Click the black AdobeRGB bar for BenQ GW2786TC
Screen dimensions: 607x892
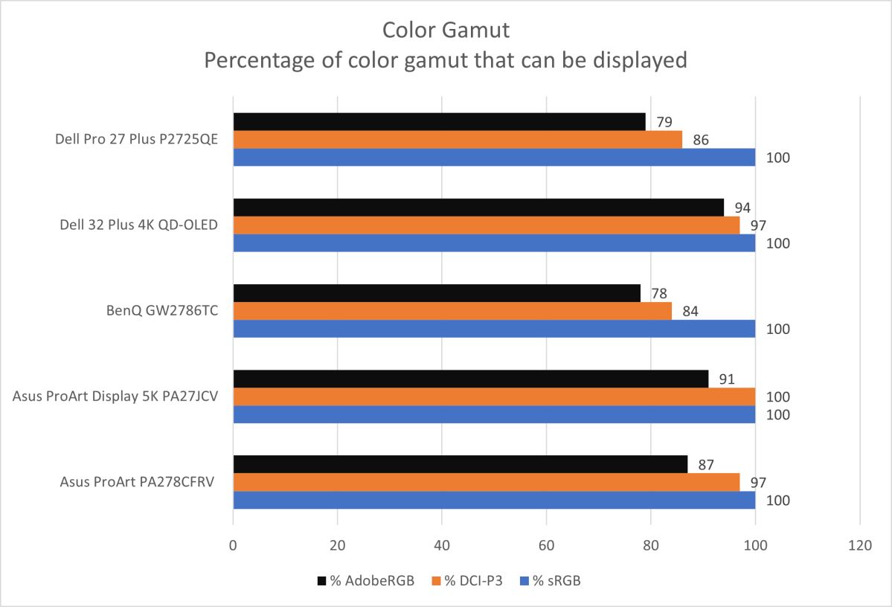point(437,293)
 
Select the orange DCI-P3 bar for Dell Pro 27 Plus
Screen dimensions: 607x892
point(458,139)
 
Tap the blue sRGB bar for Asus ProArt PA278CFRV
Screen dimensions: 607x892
point(494,500)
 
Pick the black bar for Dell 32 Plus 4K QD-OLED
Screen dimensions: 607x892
point(478,208)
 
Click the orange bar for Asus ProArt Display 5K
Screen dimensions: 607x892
point(494,396)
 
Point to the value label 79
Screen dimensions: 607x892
point(662,122)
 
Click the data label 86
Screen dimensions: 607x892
point(699,140)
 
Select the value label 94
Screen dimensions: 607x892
point(741,208)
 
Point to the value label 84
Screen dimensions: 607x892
point(689,311)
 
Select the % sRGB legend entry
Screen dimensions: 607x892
point(550,581)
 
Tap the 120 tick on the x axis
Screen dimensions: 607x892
point(860,545)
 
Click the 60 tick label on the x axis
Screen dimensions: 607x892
point(547,545)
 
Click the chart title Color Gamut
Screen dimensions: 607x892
point(446,30)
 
